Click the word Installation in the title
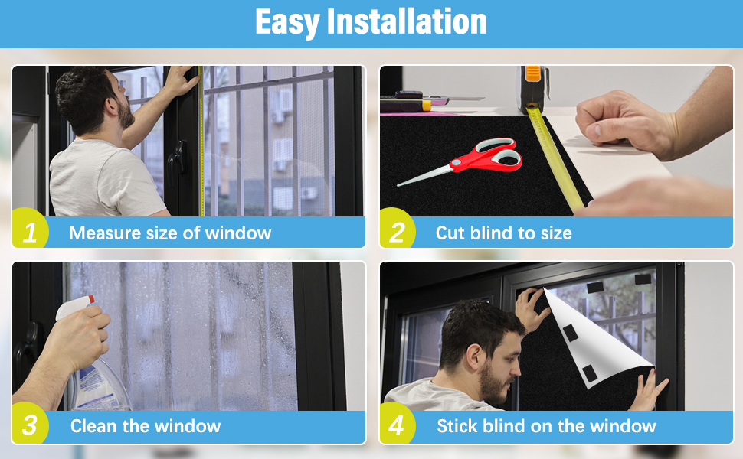(x=407, y=22)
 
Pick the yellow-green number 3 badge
(x=30, y=425)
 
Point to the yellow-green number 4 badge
(x=397, y=425)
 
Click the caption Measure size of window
(x=170, y=233)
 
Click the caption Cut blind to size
(x=503, y=233)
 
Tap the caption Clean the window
(x=146, y=426)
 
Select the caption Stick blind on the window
(x=546, y=426)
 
